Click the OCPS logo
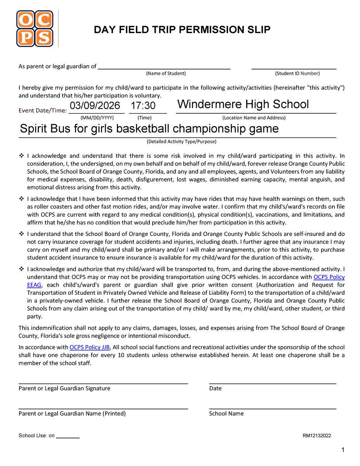click(x=35, y=28)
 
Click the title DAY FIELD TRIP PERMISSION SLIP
click(x=182, y=30)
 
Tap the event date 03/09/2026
click(x=95, y=106)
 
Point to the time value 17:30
click(x=143, y=106)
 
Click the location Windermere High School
click(x=243, y=104)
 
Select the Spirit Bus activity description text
click(x=149, y=129)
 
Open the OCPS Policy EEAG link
click(x=329, y=277)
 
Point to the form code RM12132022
click(x=317, y=436)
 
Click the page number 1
click(x=343, y=450)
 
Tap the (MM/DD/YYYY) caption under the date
click(x=97, y=118)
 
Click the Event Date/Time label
click(x=43, y=110)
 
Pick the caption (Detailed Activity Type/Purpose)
click(x=181, y=142)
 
